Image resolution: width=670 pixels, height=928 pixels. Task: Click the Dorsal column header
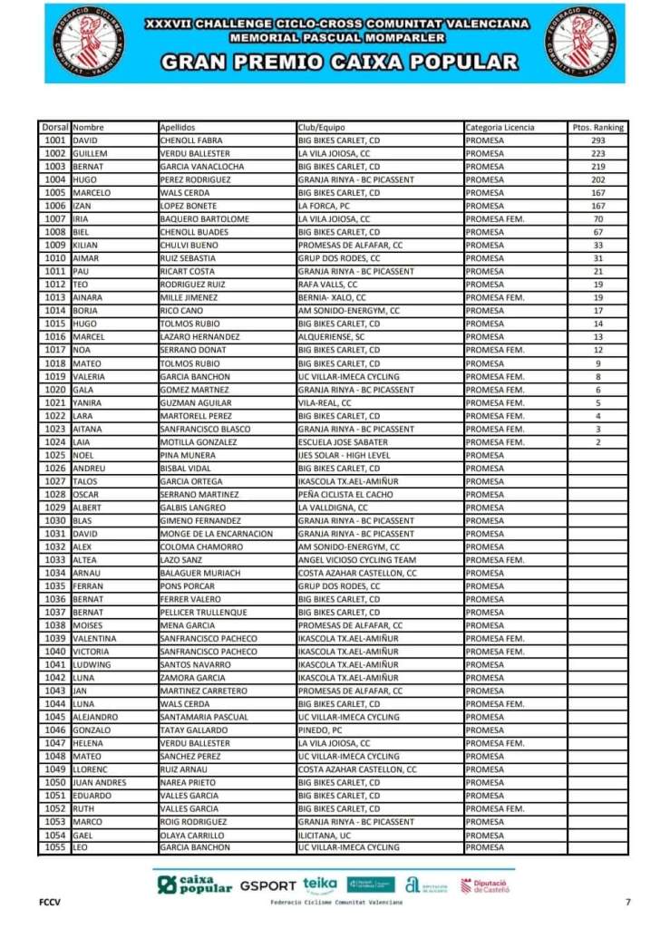(54, 128)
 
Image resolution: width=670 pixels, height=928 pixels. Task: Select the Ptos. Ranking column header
(597, 128)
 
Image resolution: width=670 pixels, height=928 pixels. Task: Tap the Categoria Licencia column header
(500, 128)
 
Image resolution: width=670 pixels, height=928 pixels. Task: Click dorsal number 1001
(54, 140)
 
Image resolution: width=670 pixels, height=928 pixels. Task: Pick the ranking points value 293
(597, 140)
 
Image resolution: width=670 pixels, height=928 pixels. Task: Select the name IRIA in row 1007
(81, 219)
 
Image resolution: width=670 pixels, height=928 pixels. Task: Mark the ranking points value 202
(597, 179)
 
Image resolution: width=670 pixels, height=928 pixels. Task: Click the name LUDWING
(92, 664)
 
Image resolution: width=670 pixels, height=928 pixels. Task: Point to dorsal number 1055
(54, 847)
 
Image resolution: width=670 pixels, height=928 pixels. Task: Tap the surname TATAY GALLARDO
(191, 730)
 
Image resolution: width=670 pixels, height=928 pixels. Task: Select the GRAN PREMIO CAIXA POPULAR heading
(338, 63)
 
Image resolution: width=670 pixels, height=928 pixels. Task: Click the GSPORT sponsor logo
(267, 885)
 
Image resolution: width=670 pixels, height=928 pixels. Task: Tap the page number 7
(627, 902)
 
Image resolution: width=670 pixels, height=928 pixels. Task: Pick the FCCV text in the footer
(49, 902)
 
